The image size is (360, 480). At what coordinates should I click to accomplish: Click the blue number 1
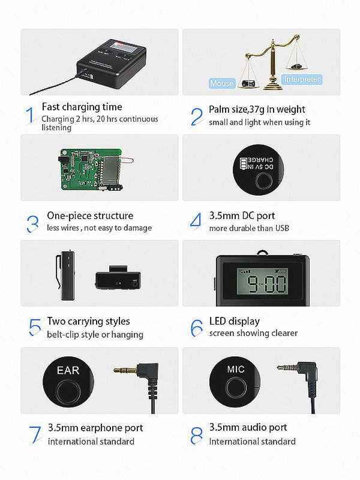(x=30, y=115)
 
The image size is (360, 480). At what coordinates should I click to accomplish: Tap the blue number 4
(x=196, y=220)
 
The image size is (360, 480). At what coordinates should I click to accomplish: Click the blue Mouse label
(x=221, y=83)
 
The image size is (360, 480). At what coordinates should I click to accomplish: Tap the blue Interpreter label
(x=302, y=79)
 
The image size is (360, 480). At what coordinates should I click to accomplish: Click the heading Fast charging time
(x=82, y=107)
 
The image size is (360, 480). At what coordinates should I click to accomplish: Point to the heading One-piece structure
(x=90, y=215)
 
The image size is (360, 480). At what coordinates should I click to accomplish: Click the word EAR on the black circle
(x=68, y=371)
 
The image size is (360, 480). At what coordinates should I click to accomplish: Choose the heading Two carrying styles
(x=88, y=321)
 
